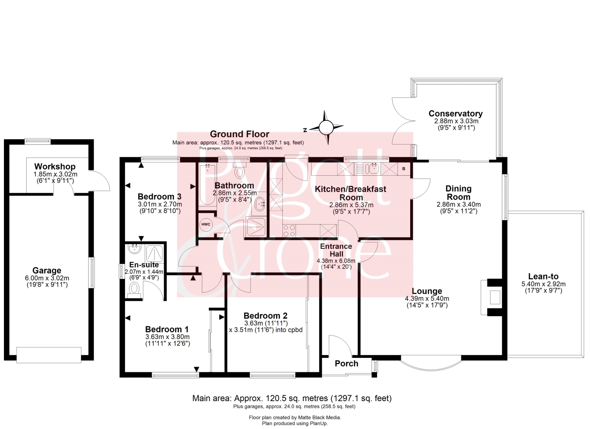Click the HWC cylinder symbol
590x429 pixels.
[206, 225]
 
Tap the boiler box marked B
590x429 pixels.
[404, 169]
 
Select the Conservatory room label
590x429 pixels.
[455, 114]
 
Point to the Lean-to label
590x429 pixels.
[543, 276]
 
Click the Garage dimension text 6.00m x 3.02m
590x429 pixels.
[47, 278]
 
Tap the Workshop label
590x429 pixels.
[55, 166]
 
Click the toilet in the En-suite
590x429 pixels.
[135, 289]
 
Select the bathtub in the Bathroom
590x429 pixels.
[208, 184]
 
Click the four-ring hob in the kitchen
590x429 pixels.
[289, 231]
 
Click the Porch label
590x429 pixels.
[347, 364]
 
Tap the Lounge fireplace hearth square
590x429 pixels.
[495, 297]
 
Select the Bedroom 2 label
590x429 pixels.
[265, 316]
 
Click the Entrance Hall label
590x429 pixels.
[336, 250]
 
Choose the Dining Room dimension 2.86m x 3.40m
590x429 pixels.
[459, 204]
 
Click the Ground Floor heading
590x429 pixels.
[240, 134]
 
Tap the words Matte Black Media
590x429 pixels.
[319, 418]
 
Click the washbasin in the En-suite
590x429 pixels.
[135, 249]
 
